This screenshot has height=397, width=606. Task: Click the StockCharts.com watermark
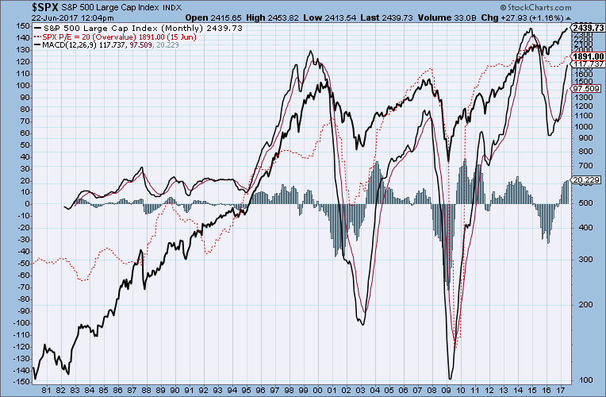click(566, 390)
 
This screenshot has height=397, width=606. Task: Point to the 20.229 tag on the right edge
click(586, 180)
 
